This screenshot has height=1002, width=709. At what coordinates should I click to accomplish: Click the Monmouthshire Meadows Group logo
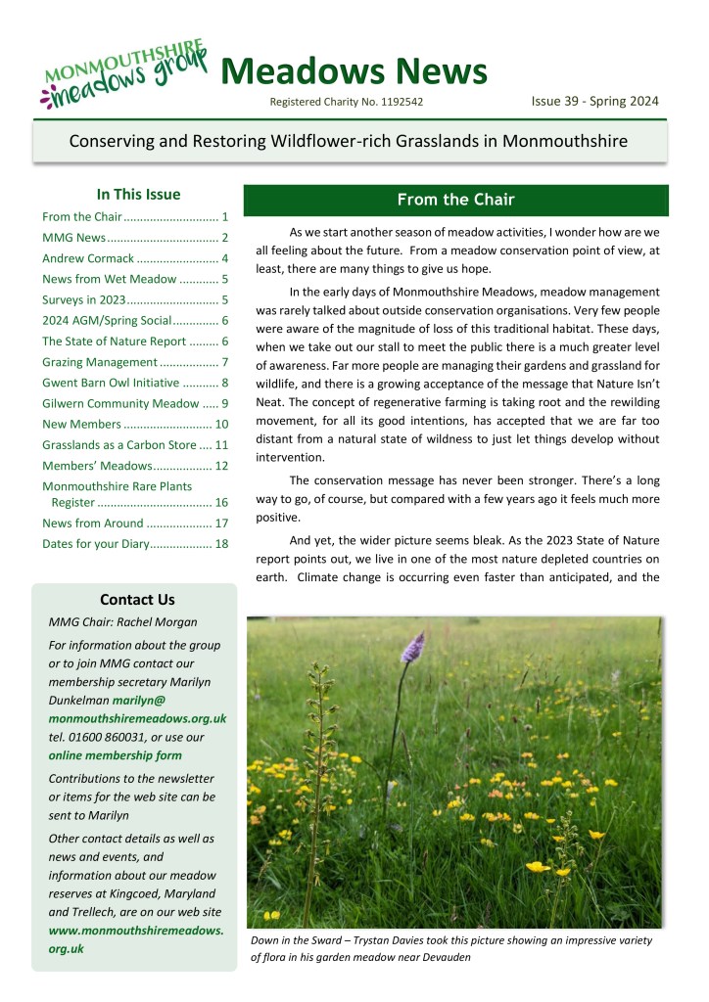[122, 73]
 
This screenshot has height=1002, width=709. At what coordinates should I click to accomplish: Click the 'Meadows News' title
[354, 70]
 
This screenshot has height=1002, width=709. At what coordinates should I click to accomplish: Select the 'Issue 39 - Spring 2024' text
[594, 100]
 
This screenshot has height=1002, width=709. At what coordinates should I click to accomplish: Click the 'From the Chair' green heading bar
[455, 201]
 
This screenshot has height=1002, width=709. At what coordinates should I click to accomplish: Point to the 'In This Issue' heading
[138, 194]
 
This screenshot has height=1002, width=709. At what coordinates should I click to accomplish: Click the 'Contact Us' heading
[137, 599]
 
